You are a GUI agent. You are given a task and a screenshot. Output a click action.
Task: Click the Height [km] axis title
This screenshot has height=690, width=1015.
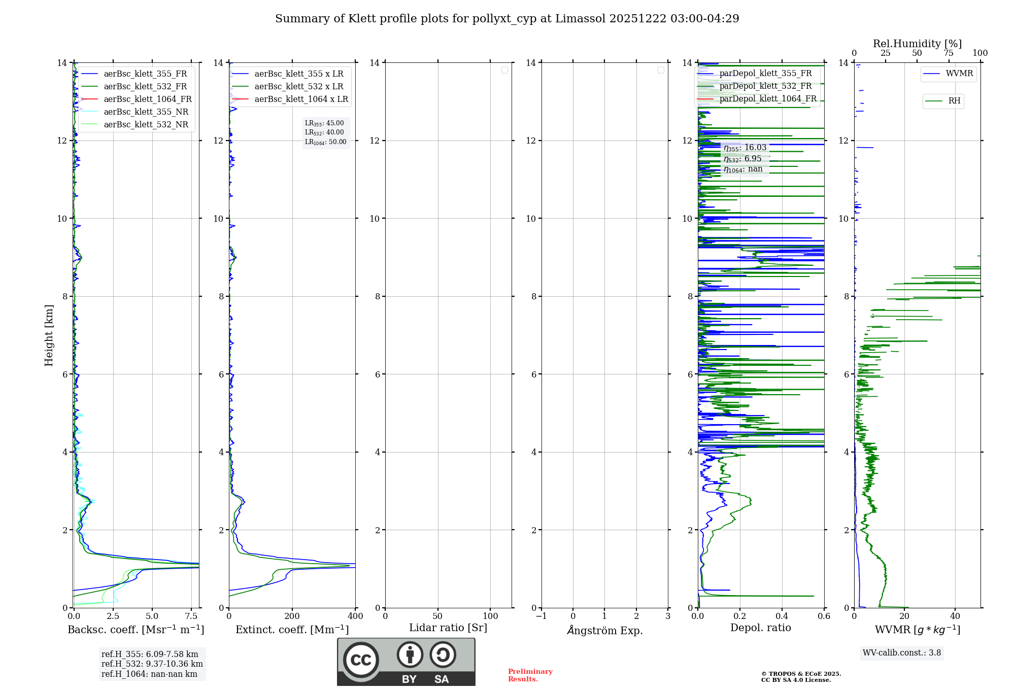(x=49, y=335)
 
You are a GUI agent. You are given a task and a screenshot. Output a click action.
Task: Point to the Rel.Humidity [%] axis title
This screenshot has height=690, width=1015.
(x=917, y=44)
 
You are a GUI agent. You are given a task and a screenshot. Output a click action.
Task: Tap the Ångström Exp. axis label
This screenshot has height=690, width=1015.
(x=604, y=631)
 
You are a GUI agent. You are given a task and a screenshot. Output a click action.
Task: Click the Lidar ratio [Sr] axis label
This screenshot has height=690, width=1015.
(x=448, y=628)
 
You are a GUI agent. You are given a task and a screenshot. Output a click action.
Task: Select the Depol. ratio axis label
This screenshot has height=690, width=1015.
(x=760, y=628)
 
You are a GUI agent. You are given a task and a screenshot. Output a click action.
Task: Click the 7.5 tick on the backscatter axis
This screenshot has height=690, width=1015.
(x=191, y=616)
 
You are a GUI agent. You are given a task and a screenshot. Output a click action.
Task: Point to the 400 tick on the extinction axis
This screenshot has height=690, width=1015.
(x=355, y=616)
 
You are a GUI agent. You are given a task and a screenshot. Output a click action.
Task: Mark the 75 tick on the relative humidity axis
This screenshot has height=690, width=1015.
(x=948, y=53)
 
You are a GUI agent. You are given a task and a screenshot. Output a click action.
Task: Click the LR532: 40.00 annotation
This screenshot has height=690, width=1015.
(x=324, y=132)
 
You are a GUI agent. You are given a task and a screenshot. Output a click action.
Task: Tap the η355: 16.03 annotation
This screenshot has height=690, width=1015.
(x=745, y=148)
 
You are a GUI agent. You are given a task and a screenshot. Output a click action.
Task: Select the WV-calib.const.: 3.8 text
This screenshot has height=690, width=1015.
(x=901, y=653)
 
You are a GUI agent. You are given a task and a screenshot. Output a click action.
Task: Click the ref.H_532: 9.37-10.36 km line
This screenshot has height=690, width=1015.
(x=152, y=664)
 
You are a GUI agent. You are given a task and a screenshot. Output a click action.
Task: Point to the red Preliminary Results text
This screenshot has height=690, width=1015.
(x=530, y=675)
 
